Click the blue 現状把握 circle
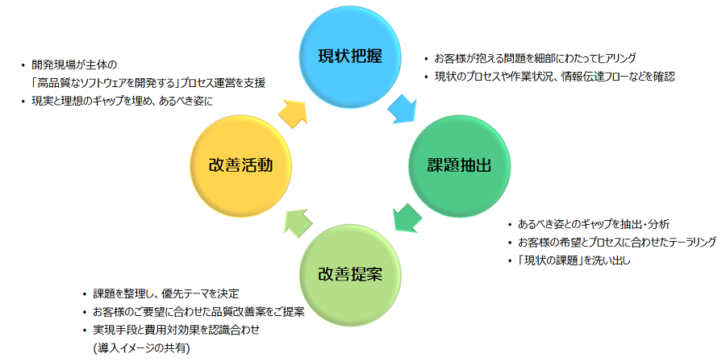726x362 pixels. coord(349,56)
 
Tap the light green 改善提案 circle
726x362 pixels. coord(349,272)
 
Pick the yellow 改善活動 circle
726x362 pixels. coord(240,164)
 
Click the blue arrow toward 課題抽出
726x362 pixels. coord(403,108)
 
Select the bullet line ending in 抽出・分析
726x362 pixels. coord(594,224)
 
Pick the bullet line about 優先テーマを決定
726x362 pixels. coord(166,293)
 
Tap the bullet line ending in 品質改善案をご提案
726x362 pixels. coord(198,312)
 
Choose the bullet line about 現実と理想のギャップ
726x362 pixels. coord(122,101)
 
